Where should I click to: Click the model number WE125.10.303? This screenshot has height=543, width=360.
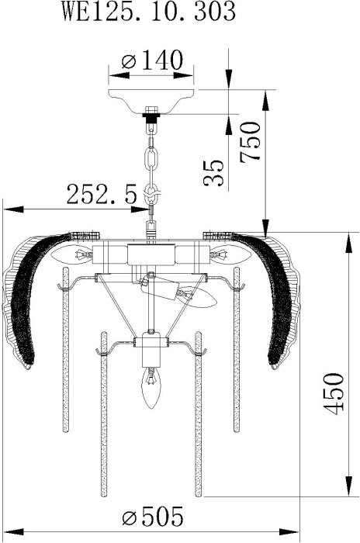[149, 11]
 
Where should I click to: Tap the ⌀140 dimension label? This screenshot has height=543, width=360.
[152, 61]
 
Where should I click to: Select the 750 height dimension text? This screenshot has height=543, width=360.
[250, 141]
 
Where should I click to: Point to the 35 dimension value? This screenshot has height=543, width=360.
[214, 173]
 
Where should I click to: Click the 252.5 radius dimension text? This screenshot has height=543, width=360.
[102, 194]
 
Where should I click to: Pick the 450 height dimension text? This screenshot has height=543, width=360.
[334, 393]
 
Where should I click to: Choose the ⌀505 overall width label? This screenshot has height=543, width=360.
[152, 516]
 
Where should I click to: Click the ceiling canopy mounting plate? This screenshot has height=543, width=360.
[151, 101]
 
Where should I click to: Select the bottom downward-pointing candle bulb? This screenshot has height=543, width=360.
[151, 388]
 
